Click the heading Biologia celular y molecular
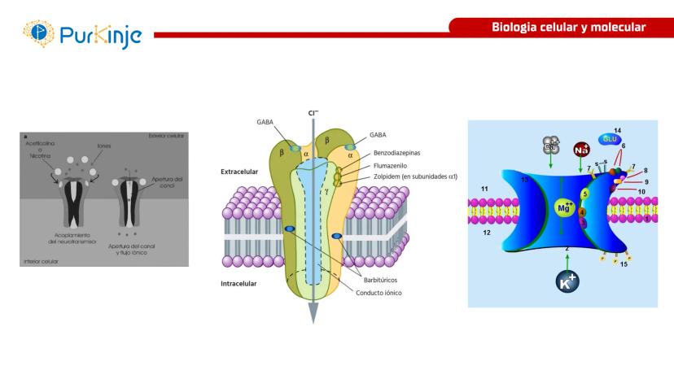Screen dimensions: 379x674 (x=567, y=28)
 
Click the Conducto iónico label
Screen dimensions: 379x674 (x=384, y=292)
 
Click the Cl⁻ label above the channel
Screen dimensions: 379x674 (x=313, y=114)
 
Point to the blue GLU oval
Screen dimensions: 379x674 (x=610, y=140)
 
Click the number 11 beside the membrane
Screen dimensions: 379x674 (x=484, y=189)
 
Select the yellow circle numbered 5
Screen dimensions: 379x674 (x=584, y=195)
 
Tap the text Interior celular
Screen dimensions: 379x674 (x=40, y=260)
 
